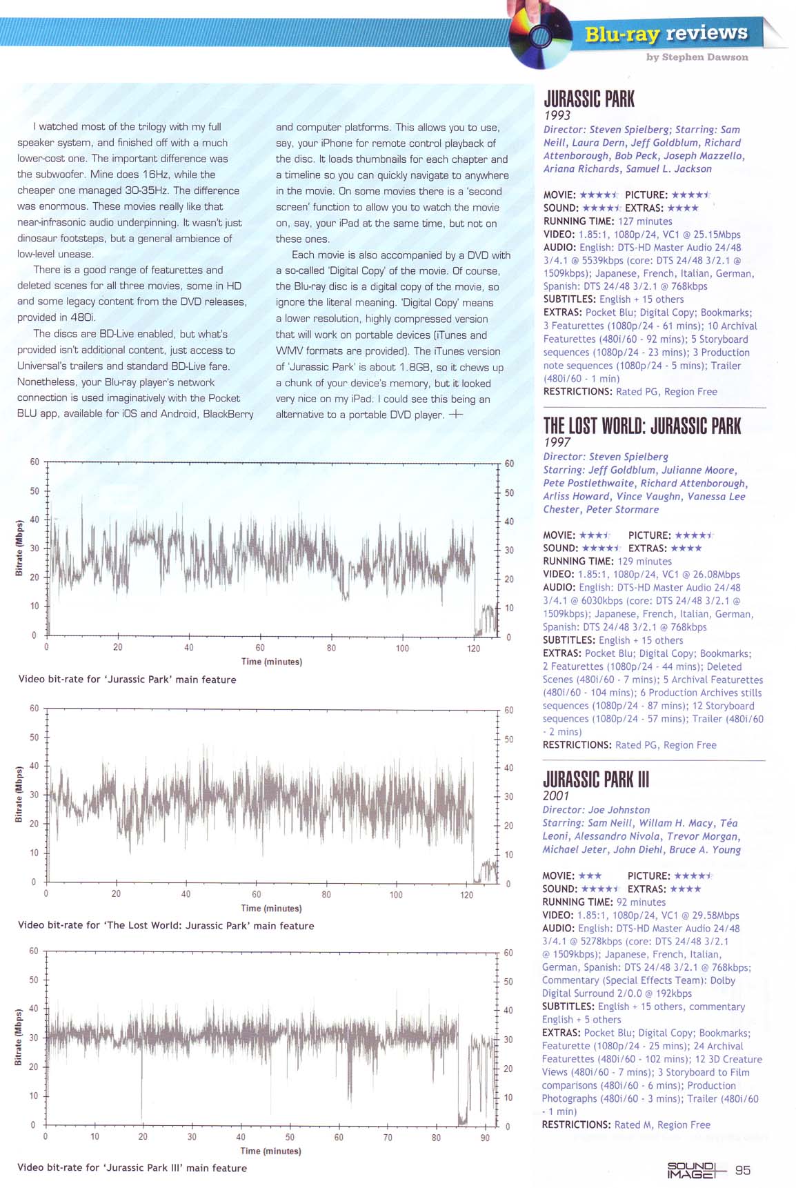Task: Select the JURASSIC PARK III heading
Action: (595, 780)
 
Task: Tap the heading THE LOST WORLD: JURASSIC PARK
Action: (641, 426)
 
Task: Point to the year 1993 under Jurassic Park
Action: (557, 115)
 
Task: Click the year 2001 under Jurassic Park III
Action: (555, 795)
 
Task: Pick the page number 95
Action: (743, 1170)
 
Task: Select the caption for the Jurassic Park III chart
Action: (132, 1168)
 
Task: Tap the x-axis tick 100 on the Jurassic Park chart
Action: (402, 648)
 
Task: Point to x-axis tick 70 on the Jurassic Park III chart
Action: (388, 1138)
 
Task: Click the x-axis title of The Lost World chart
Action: (271, 908)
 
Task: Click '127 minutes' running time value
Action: (644, 221)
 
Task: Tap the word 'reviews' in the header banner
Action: (706, 32)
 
